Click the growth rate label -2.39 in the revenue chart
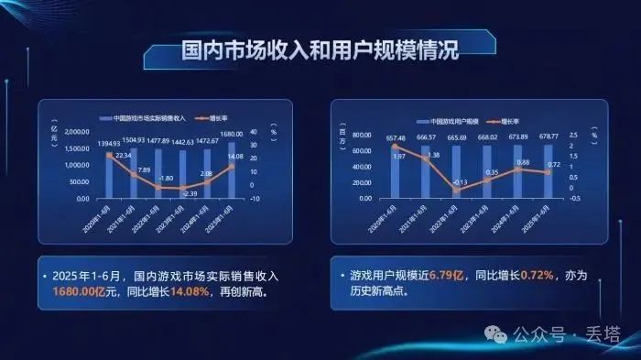190,193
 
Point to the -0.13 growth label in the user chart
461,182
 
